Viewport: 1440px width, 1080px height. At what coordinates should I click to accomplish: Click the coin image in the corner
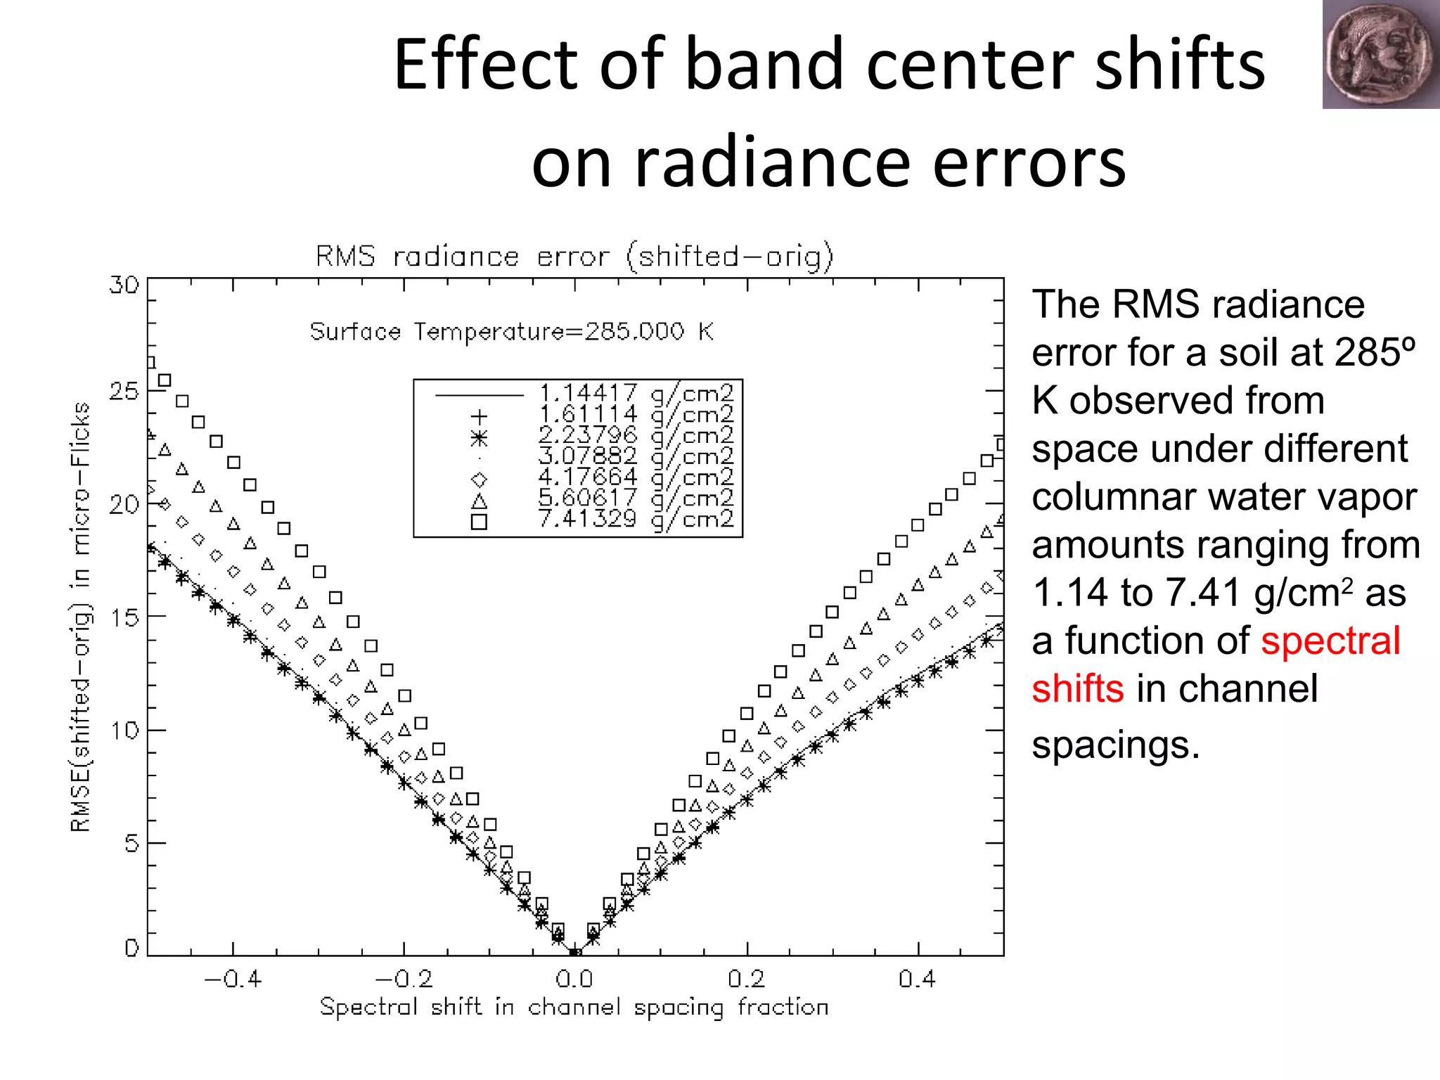click(x=1380, y=54)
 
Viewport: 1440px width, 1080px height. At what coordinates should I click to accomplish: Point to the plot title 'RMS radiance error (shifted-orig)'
click(x=574, y=257)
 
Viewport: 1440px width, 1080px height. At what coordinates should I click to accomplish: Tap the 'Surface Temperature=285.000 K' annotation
click(x=511, y=331)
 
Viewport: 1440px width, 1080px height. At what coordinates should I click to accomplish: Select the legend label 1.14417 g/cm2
click(x=636, y=392)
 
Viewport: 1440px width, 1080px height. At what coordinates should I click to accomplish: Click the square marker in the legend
click(x=479, y=521)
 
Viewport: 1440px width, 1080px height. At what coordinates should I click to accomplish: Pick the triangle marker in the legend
click(x=479, y=501)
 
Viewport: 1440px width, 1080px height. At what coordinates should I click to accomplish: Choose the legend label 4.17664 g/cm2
click(x=636, y=477)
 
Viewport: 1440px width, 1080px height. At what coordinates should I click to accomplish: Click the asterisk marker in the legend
click(x=479, y=438)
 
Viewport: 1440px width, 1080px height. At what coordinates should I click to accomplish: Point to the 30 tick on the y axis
click(x=124, y=285)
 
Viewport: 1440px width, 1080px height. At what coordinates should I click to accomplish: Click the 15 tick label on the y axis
click(x=124, y=617)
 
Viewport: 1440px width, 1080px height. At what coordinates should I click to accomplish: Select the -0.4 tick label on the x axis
click(x=232, y=979)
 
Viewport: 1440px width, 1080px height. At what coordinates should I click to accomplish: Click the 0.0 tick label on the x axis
click(x=574, y=979)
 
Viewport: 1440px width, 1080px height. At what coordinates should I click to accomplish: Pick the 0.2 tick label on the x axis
click(x=746, y=979)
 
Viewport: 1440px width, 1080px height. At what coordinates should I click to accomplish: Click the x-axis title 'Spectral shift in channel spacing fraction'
click(x=574, y=1007)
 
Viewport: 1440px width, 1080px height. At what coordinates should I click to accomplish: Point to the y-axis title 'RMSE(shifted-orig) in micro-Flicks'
click(x=81, y=617)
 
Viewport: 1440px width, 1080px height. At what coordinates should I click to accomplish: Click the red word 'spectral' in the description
click(x=1330, y=641)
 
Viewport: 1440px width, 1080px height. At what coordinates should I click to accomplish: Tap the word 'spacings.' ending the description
click(x=1115, y=744)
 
